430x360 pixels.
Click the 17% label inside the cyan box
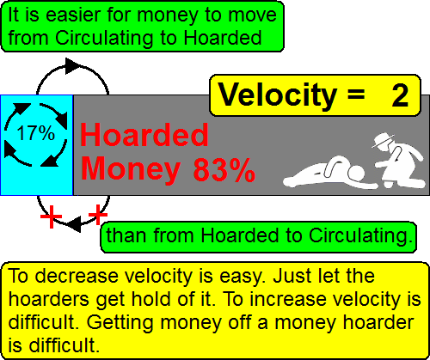pos(35,134)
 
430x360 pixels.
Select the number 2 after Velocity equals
pos(399,95)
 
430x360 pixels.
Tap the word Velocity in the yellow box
pos(275,95)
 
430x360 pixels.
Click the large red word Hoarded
pos(144,136)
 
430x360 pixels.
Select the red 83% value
pos(224,169)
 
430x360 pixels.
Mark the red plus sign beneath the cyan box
pos(52,217)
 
